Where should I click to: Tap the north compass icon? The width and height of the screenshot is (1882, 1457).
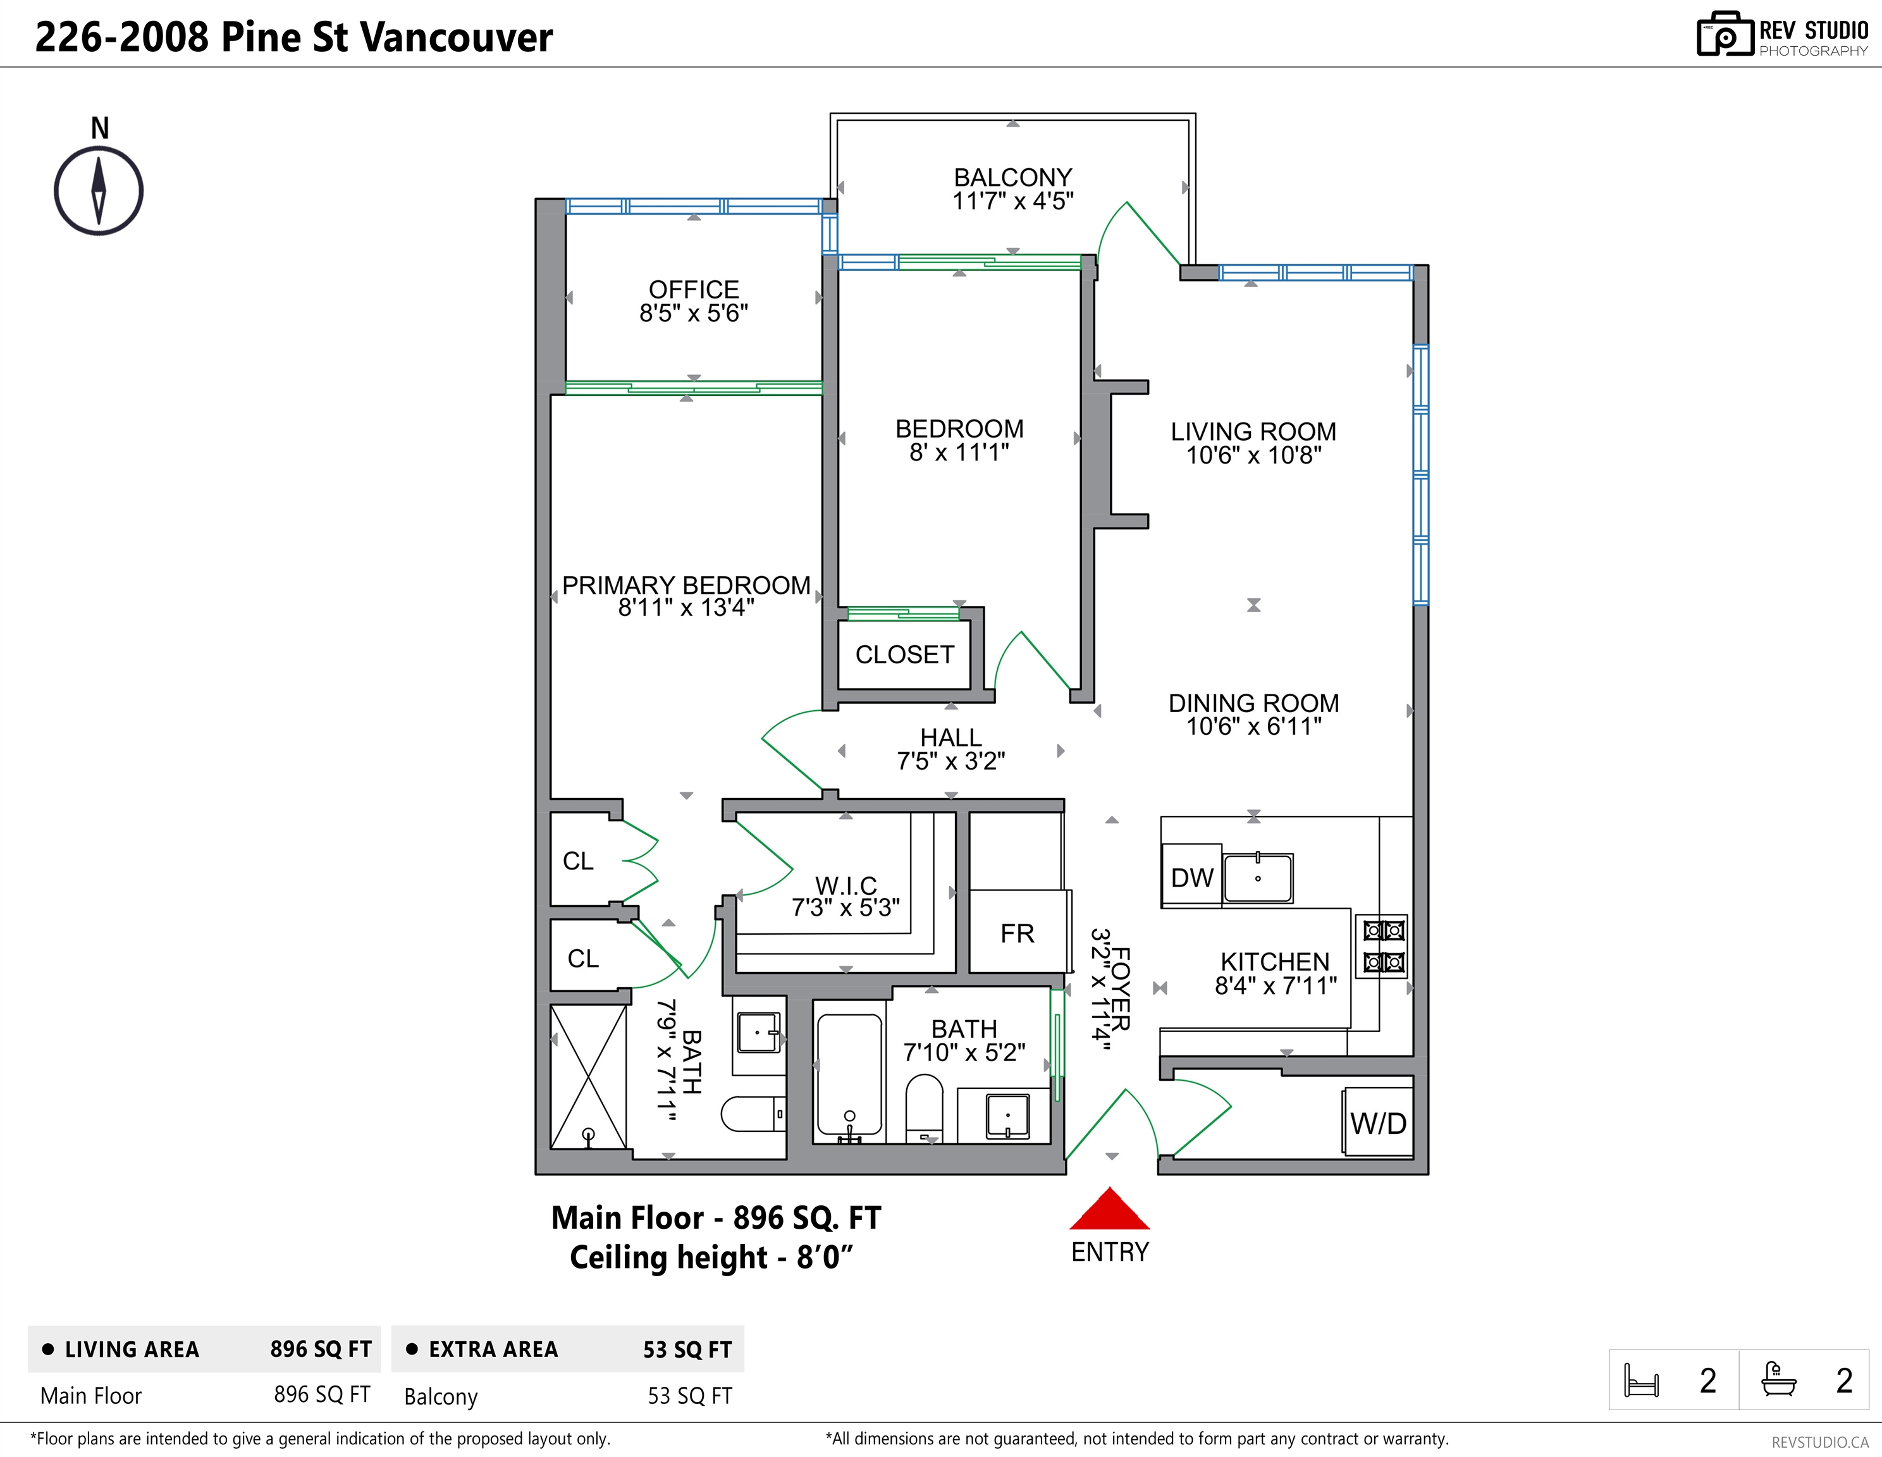(99, 190)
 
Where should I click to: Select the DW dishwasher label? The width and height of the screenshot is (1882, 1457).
(1192, 877)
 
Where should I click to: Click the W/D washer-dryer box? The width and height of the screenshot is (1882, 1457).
(1377, 1122)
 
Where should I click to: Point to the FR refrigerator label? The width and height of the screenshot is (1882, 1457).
(1017, 933)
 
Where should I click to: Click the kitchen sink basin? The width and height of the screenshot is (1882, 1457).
(1258, 878)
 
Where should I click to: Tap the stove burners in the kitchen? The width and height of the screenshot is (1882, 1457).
(1382, 946)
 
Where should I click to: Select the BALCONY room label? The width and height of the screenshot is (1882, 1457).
(1012, 178)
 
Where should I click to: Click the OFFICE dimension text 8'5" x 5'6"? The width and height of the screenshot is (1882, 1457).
(694, 314)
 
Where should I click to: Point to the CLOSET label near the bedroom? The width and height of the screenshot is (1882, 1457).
(905, 655)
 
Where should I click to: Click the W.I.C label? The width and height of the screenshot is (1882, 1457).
(846, 885)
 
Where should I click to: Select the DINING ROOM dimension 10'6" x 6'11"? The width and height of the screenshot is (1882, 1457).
(1254, 727)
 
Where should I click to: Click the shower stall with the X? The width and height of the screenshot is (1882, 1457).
(589, 1076)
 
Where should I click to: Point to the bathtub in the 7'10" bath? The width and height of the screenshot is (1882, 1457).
(850, 1078)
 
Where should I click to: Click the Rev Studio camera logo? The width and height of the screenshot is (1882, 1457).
(1725, 35)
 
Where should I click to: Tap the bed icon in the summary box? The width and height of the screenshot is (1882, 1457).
(1640, 1379)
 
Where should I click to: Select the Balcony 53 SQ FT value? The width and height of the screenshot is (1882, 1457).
(689, 1396)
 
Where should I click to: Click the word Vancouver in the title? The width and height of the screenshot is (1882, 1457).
(456, 37)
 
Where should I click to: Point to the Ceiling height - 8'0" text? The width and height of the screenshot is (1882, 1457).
(711, 1258)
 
